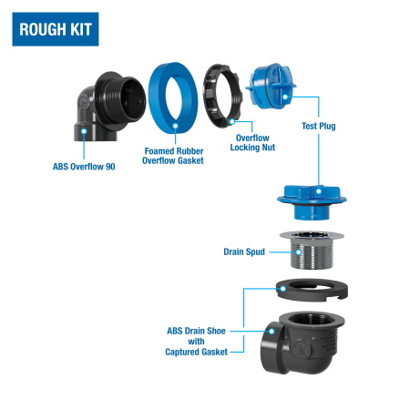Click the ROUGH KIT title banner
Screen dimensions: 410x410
(x=56, y=29)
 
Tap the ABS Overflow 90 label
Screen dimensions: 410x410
(x=84, y=167)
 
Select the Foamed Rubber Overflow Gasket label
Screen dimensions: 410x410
(x=173, y=156)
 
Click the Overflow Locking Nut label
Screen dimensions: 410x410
(x=252, y=143)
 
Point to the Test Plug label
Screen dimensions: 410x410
(x=319, y=126)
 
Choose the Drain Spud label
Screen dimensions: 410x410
(x=244, y=251)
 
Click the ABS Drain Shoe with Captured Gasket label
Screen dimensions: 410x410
(x=196, y=342)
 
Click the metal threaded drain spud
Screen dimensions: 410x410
(x=312, y=250)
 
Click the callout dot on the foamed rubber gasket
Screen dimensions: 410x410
(x=175, y=126)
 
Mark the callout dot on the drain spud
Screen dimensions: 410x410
(x=299, y=252)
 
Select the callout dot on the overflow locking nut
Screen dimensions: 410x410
(x=232, y=121)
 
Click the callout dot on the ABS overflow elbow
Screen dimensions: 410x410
(x=84, y=131)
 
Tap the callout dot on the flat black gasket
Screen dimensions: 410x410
(x=282, y=289)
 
